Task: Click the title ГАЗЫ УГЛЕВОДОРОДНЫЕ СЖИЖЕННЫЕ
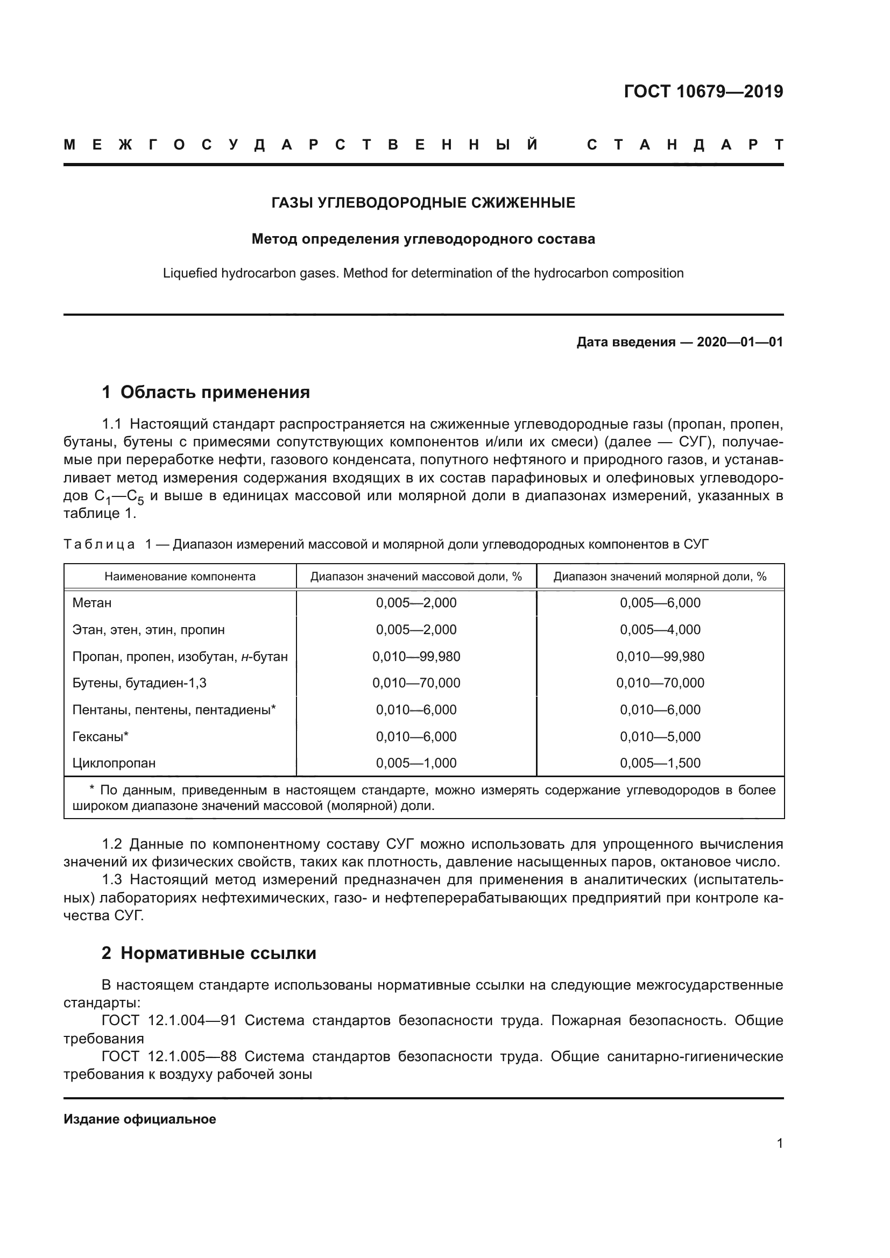coord(423,203)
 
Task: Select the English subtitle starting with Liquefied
coord(423,273)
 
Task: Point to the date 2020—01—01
coord(739,343)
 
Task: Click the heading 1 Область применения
coord(206,392)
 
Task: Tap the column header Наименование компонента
coord(180,577)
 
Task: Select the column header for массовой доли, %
coord(416,577)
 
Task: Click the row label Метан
coord(92,603)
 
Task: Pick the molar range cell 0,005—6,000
coord(660,603)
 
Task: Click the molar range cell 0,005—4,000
coord(660,630)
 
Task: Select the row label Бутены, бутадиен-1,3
coord(139,683)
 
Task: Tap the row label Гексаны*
coord(100,737)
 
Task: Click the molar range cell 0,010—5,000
coord(660,737)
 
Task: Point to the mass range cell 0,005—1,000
coord(416,763)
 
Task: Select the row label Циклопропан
coord(114,763)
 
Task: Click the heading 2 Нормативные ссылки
coord(209,954)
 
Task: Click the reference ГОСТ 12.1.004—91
coord(169,1021)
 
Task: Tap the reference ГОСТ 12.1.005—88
coord(169,1056)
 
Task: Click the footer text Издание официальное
coord(140,1119)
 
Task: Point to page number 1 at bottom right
coord(780,1143)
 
